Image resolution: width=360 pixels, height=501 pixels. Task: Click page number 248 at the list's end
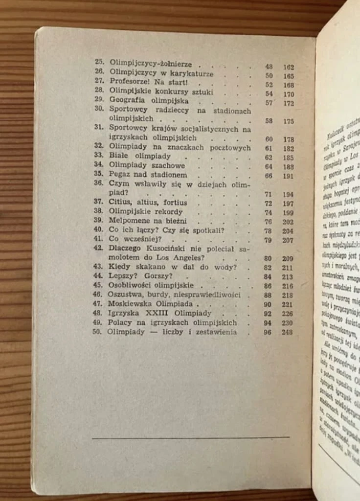[288, 333]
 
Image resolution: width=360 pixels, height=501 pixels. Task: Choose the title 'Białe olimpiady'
[140, 157]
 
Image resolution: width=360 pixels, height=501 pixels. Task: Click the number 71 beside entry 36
[268, 194]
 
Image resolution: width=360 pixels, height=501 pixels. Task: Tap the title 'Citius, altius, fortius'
[148, 203]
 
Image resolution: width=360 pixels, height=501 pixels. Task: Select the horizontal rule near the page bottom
[190, 437]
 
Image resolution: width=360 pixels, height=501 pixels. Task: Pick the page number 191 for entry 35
[288, 176]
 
